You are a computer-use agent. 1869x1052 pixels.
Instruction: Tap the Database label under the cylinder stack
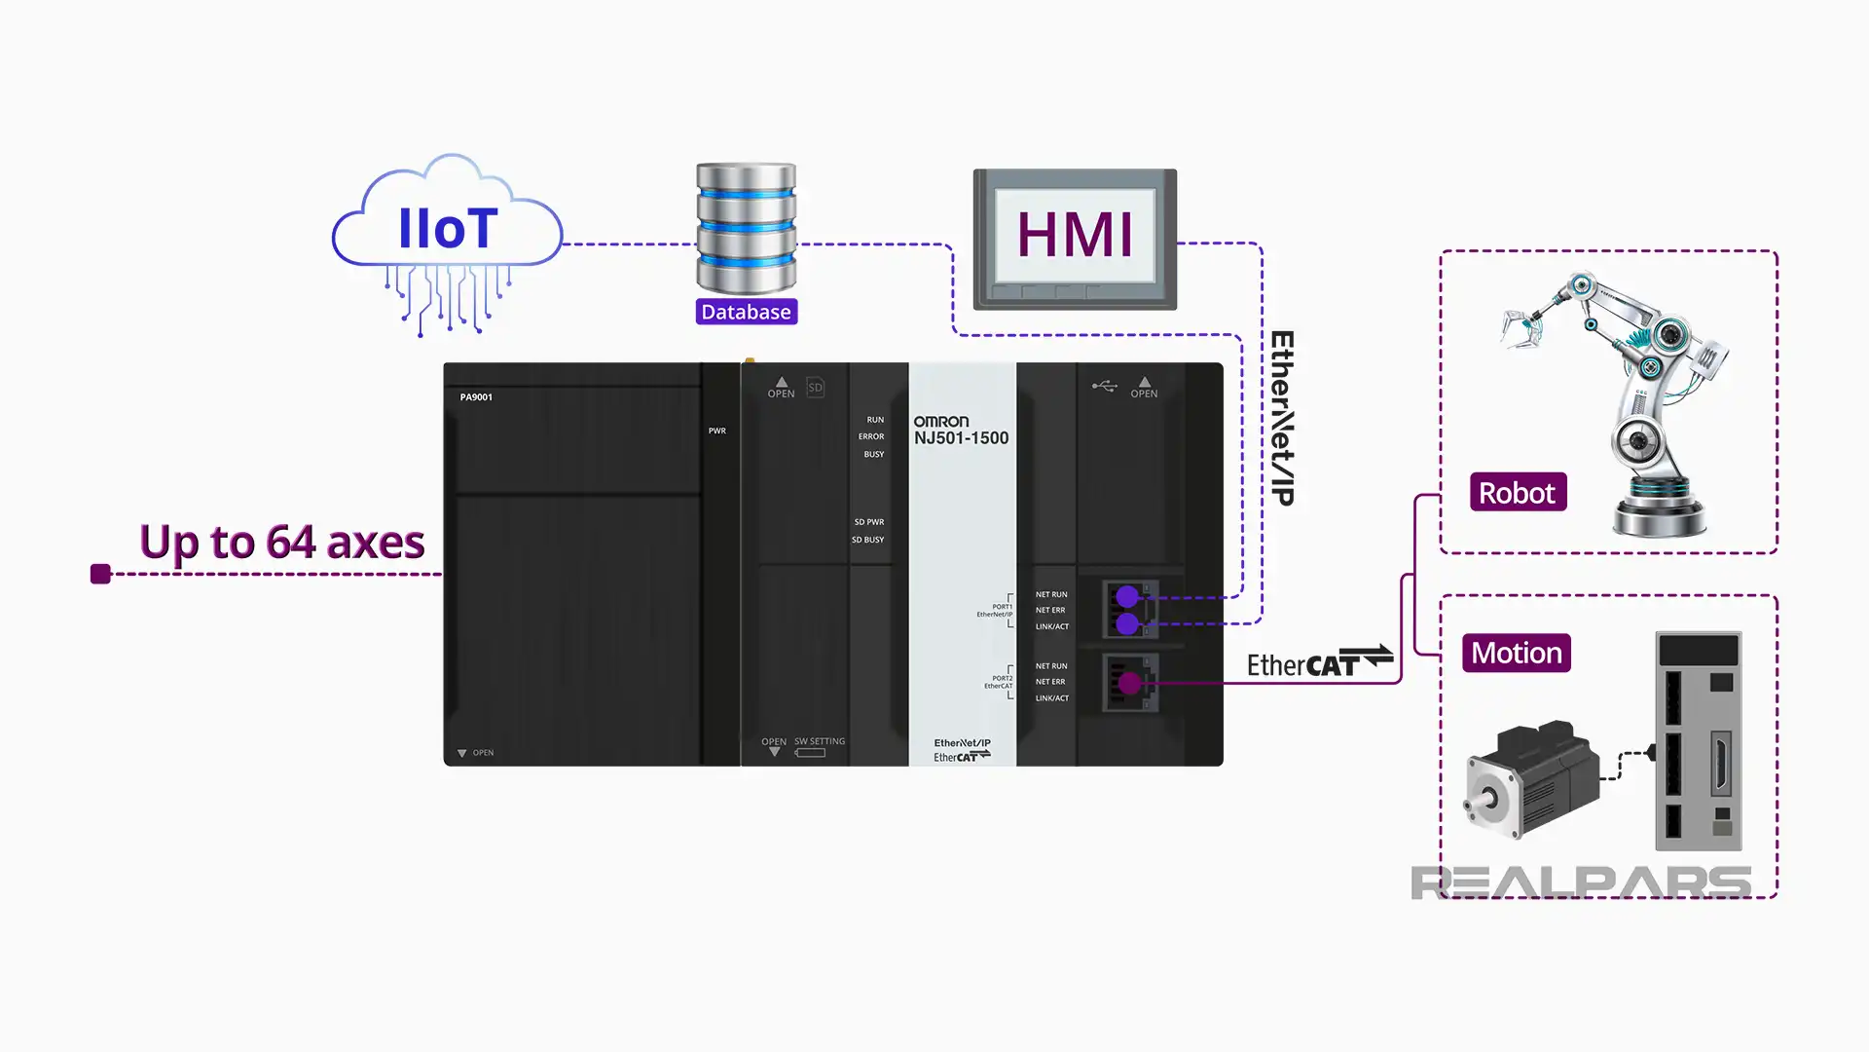click(747, 312)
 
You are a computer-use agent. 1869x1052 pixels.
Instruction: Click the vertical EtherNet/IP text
click(1281, 418)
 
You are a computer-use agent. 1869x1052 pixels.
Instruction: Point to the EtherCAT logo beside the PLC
click(1319, 662)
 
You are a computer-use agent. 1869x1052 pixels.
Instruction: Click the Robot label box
click(1517, 493)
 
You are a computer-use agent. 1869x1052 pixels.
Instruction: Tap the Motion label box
click(1516, 653)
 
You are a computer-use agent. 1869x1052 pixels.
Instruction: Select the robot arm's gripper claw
click(1521, 326)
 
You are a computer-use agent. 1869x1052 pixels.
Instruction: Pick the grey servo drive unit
click(1699, 740)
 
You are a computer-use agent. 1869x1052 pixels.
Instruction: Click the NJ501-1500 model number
click(961, 438)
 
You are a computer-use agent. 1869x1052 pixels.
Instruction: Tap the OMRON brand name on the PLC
click(940, 421)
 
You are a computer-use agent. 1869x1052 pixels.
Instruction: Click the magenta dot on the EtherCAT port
click(1129, 683)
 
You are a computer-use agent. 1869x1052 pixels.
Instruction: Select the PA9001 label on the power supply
click(476, 397)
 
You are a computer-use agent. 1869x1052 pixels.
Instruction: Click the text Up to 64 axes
click(282, 542)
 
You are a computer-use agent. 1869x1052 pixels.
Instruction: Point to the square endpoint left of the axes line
click(100, 574)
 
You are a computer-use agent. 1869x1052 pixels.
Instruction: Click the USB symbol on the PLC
click(1104, 386)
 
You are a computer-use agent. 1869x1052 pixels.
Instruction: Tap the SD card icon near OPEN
click(816, 387)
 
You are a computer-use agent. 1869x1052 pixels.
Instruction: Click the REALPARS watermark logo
click(1581, 883)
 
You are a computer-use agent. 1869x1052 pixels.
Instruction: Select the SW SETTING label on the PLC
click(819, 741)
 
